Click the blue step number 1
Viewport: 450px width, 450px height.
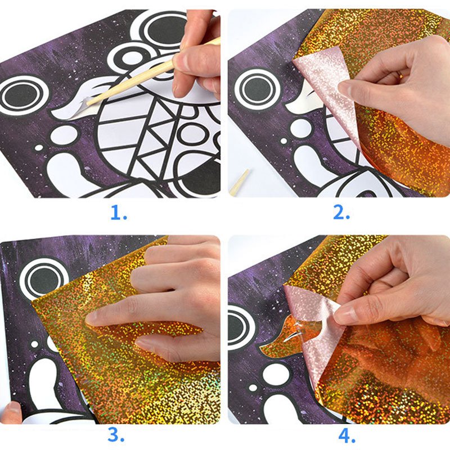tap(119, 213)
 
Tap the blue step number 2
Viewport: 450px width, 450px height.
tap(341, 213)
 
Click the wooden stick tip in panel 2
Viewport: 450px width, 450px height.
tap(240, 182)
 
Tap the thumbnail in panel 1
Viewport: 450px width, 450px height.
tap(180, 61)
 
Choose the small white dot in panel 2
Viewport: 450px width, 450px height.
tap(283, 141)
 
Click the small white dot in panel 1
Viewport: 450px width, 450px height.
tap(39, 148)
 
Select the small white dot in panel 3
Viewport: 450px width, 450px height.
tap(34, 344)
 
